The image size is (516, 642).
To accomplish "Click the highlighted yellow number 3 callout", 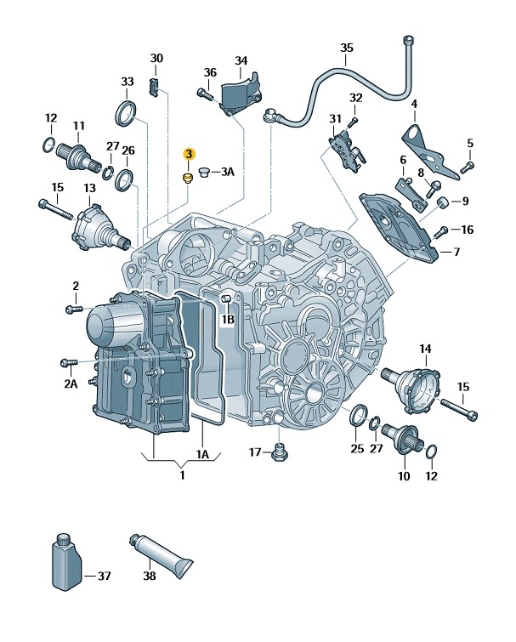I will [190, 154].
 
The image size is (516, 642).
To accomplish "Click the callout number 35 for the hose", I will [346, 48].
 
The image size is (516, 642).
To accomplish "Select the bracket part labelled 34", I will [240, 94].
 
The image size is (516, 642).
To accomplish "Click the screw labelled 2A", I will [68, 363].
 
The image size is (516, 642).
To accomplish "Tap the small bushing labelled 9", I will [443, 202].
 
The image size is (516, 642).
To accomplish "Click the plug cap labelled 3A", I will [204, 173].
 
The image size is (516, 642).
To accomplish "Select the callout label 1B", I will [227, 320].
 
